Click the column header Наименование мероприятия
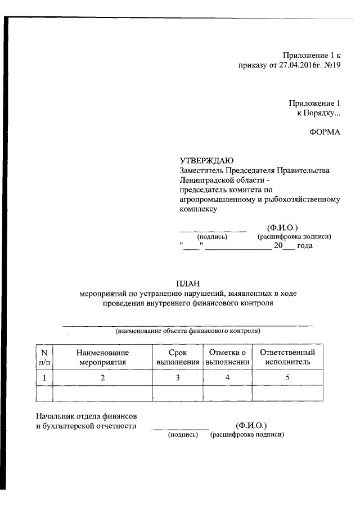click(x=103, y=357)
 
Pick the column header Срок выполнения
click(x=177, y=357)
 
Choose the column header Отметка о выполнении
click(x=227, y=357)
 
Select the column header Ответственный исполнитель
click(x=287, y=357)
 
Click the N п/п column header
click(x=44, y=357)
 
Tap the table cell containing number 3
click(x=177, y=377)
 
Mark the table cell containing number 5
click(x=287, y=377)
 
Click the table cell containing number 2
click(x=103, y=377)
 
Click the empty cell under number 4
click(x=227, y=393)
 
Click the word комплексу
click(x=198, y=209)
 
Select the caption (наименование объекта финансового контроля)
click(x=188, y=331)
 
